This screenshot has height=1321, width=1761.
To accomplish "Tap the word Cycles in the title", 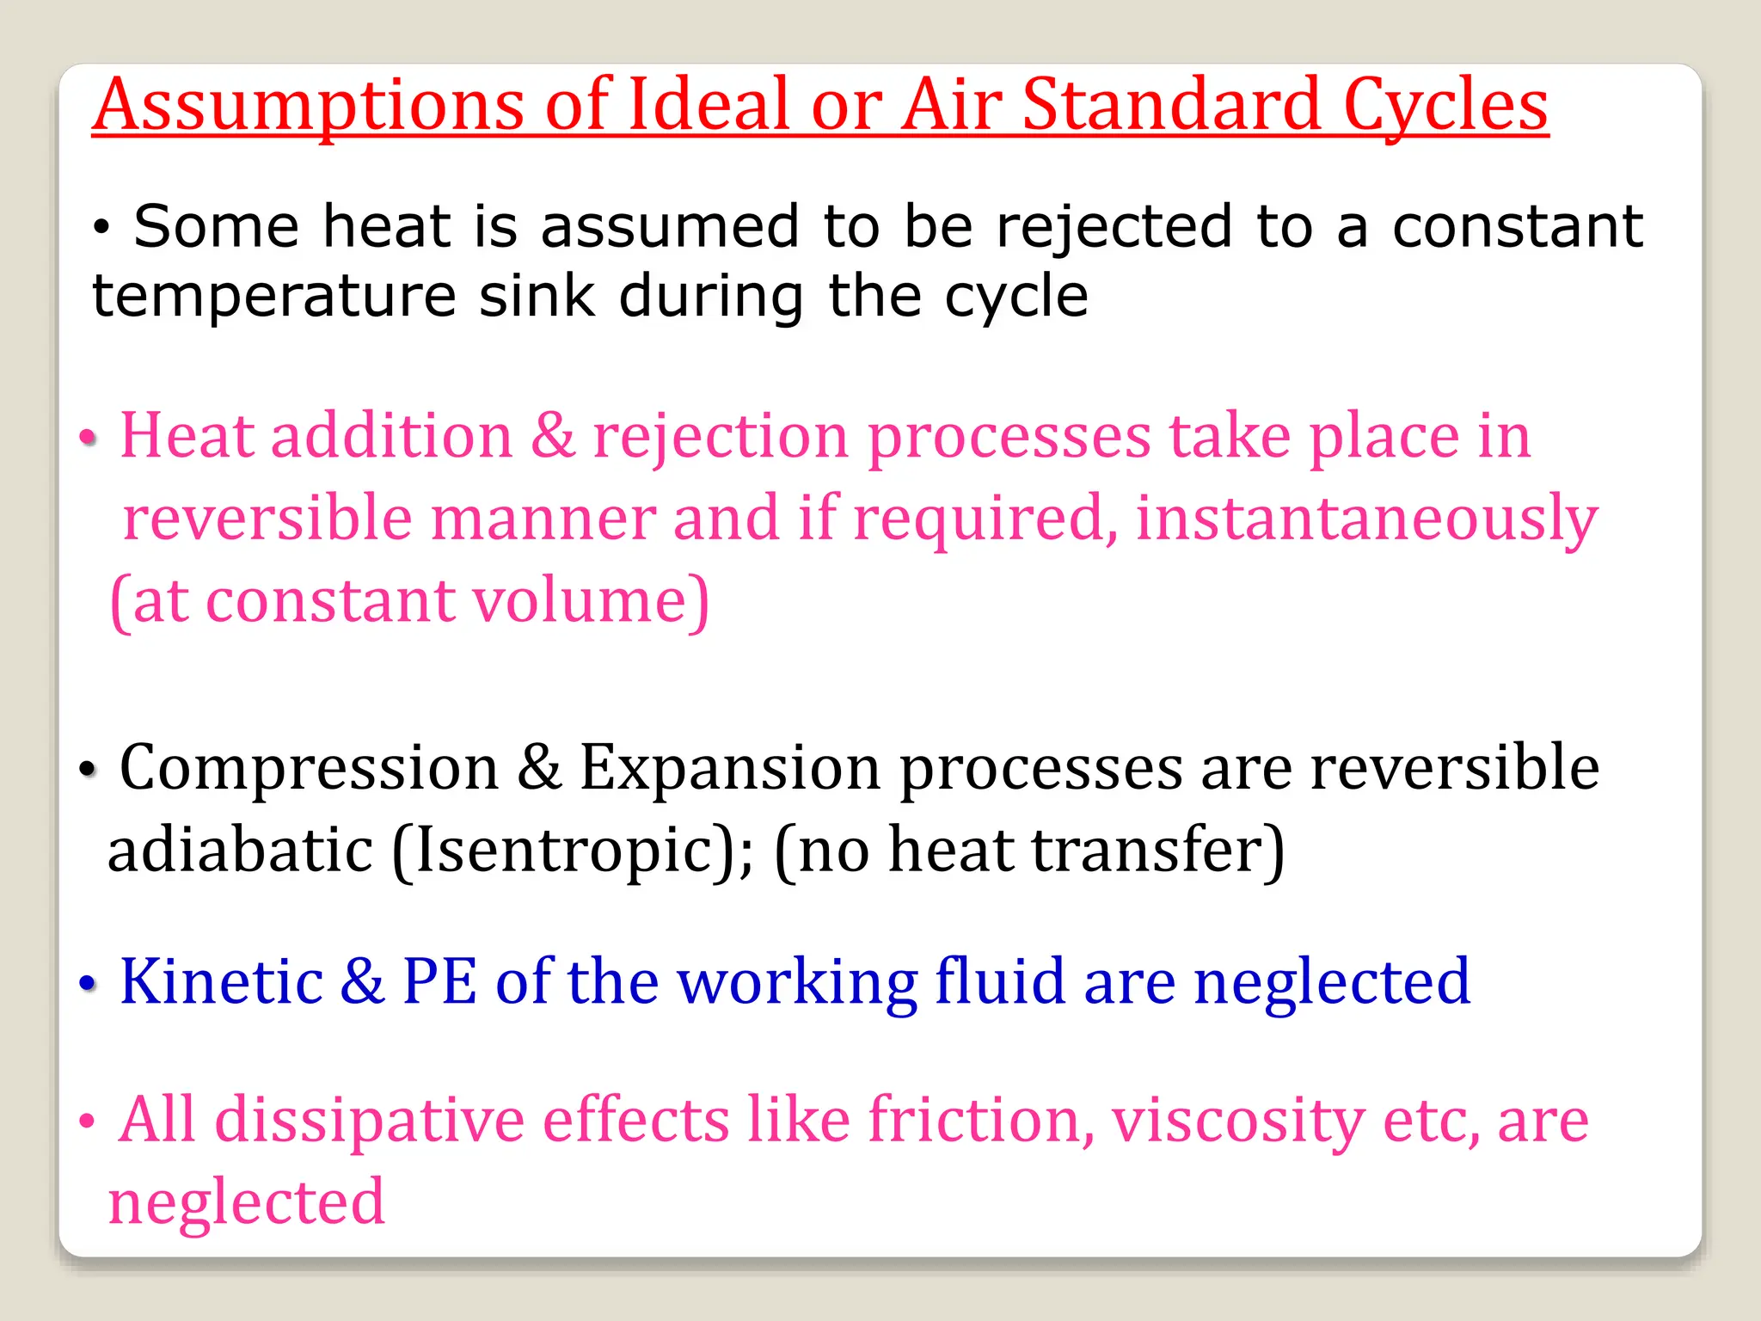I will pos(1445,107).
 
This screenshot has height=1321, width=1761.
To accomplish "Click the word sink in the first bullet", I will pos(537,296).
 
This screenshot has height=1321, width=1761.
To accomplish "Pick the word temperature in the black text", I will pos(274,298).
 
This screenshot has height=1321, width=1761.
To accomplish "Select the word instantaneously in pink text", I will pos(1366,519).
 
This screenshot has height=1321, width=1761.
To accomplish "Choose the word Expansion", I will pos(729,768).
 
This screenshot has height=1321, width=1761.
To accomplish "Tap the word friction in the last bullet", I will pos(980,1120).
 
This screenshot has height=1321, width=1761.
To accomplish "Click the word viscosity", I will pos(1237,1121).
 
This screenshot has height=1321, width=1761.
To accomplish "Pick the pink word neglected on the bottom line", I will pos(247,1202).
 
